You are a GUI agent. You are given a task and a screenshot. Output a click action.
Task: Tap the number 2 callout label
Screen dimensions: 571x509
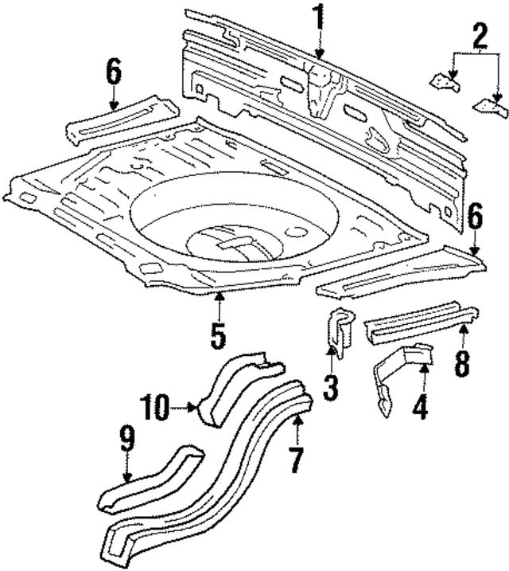point(479,36)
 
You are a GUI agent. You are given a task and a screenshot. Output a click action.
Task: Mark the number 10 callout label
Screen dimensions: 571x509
point(157,409)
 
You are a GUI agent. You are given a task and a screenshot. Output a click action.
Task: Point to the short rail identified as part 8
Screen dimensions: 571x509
point(422,318)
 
